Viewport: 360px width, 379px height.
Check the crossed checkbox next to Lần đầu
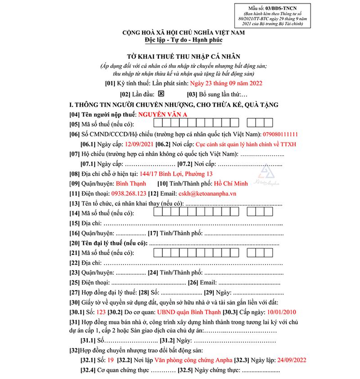pos(162,94)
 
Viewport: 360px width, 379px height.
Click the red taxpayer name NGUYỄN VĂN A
pos(163,114)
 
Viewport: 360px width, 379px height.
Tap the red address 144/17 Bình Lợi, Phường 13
pos(176,174)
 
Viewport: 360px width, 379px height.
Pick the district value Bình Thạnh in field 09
pos(131,184)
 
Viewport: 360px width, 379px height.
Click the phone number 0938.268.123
pos(128,194)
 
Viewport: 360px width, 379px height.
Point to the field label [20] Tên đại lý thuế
pos(105,243)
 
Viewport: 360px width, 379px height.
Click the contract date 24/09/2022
pos(291,360)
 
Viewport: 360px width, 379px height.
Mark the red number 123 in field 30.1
pos(101,312)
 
